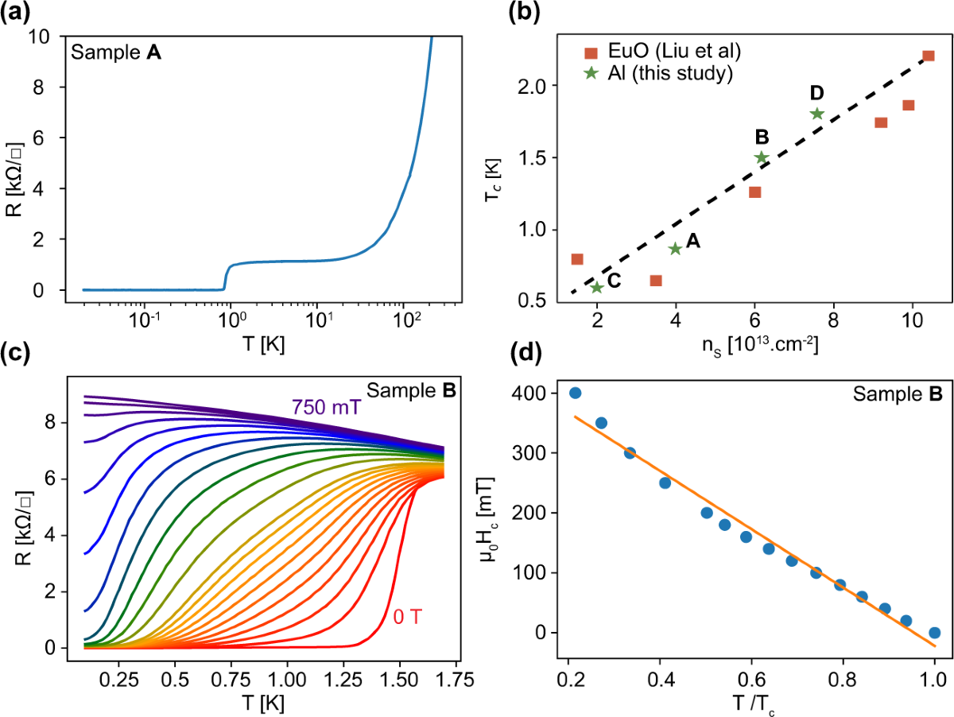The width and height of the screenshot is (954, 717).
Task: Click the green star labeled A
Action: pos(675,249)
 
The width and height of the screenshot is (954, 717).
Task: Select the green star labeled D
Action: pos(816,114)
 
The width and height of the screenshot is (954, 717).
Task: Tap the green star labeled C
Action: pos(596,287)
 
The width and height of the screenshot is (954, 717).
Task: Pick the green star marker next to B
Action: pos(761,157)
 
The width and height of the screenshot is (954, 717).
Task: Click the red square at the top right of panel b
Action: pos(928,56)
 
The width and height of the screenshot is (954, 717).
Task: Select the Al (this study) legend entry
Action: pos(657,73)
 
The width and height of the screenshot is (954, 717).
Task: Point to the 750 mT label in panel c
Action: pos(326,408)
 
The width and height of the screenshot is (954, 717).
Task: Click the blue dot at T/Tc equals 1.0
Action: pos(934,633)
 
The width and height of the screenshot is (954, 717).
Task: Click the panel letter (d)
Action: pos(502,374)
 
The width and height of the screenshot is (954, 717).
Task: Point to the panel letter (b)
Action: pos(502,14)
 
